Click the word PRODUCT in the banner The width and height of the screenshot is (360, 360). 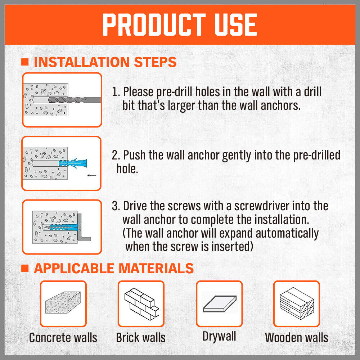(x=154, y=24)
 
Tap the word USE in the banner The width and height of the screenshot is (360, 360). (x=236, y=24)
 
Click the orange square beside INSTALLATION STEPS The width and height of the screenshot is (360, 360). (x=25, y=62)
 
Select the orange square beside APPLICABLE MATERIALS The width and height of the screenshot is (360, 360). (x=25, y=268)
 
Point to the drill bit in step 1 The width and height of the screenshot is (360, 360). (x=75, y=100)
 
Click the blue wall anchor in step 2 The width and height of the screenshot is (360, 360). (x=73, y=163)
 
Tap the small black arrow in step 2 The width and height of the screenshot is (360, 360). (x=92, y=175)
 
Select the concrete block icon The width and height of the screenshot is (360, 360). (x=63, y=302)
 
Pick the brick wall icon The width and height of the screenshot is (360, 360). (x=141, y=304)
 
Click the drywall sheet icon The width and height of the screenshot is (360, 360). (x=220, y=303)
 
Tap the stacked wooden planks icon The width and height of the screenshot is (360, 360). (x=297, y=303)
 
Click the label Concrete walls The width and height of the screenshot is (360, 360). (x=63, y=338)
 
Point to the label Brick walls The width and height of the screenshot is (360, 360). (x=141, y=338)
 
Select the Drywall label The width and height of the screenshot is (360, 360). (x=219, y=337)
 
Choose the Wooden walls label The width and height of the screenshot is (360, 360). (x=297, y=338)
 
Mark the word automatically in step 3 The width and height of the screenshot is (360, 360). (x=287, y=234)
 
